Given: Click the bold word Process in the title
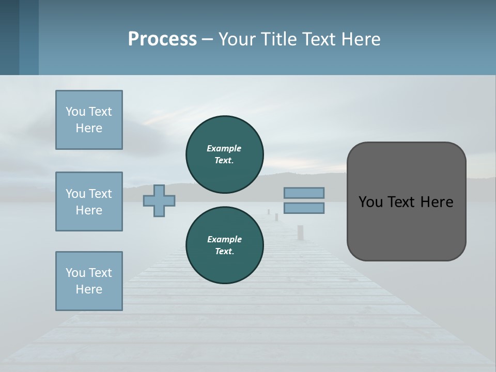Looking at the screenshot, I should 162,39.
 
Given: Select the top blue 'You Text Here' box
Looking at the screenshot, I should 89,120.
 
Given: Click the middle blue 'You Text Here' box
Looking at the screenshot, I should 89,202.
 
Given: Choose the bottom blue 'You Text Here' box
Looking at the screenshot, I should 89,281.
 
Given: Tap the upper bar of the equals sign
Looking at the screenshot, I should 304,193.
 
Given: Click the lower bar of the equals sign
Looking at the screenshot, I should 304,208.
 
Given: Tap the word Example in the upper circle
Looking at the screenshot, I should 224,148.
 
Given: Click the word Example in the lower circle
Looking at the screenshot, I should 224,239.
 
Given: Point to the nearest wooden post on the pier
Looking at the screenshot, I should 300,233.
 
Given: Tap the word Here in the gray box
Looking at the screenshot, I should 437,202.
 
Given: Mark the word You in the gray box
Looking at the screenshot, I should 370,202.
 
